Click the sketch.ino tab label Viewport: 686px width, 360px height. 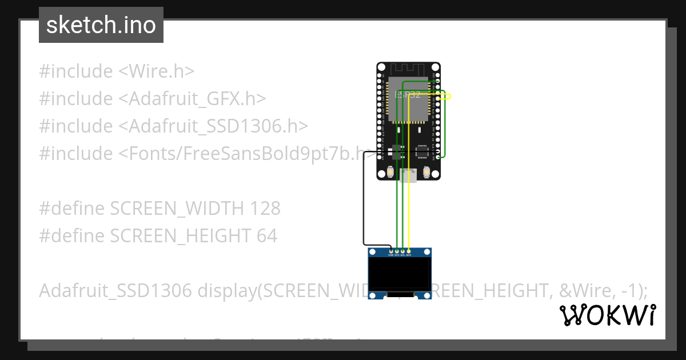[101, 25]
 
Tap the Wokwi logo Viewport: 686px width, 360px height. [607, 315]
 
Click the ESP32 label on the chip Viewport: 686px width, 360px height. [408, 95]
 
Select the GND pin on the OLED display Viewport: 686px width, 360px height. [391, 251]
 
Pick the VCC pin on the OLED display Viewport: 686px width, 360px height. [397, 251]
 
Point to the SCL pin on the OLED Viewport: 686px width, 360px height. [402, 251]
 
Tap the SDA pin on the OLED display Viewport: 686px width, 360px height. [408, 251]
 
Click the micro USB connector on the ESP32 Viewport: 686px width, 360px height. [408, 175]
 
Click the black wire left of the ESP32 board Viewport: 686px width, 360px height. [364, 200]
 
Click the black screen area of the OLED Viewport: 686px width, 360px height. [400, 274]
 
